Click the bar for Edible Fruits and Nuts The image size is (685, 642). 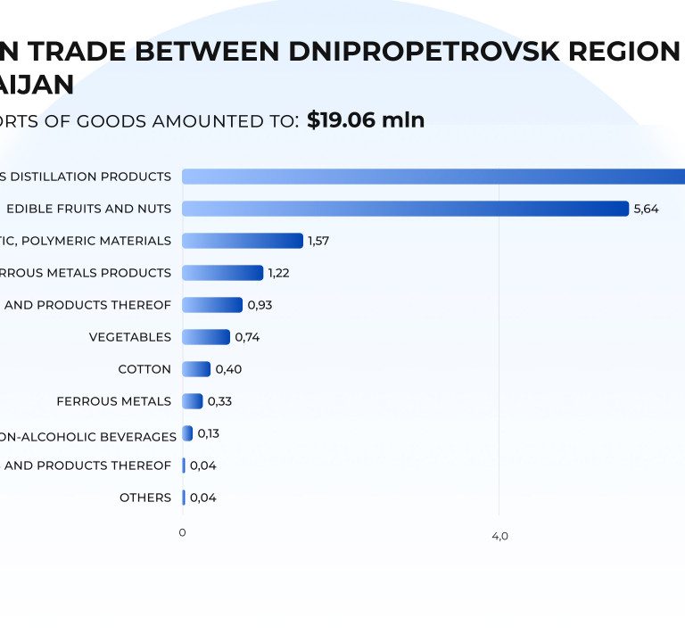[x=405, y=209]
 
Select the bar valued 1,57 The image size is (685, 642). [x=243, y=241]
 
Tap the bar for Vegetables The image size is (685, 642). [x=206, y=337]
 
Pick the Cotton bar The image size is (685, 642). [x=196, y=369]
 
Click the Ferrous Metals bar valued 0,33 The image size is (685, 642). [x=193, y=401]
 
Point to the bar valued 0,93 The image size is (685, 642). [x=212, y=305]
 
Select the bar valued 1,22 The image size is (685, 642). [x=223, y=273]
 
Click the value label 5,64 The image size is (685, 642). [x=646, y=209]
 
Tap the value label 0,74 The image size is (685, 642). [x=247, y=337]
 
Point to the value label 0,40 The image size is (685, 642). [x=228, y=369]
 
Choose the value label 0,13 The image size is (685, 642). [x=209, y=433]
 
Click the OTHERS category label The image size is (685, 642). [x=145, y=498]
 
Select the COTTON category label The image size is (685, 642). [x=144, y=369]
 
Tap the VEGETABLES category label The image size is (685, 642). [x=130, y=337]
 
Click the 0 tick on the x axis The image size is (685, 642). [x=182, y=532]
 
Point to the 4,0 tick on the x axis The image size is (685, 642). [x=499, y=536]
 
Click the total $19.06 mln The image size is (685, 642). [x=366, y=120]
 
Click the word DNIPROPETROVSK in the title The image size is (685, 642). [x=421, y=51]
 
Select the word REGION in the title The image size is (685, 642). [x=622, y=51]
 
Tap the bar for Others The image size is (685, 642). [x=184, y=498]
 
